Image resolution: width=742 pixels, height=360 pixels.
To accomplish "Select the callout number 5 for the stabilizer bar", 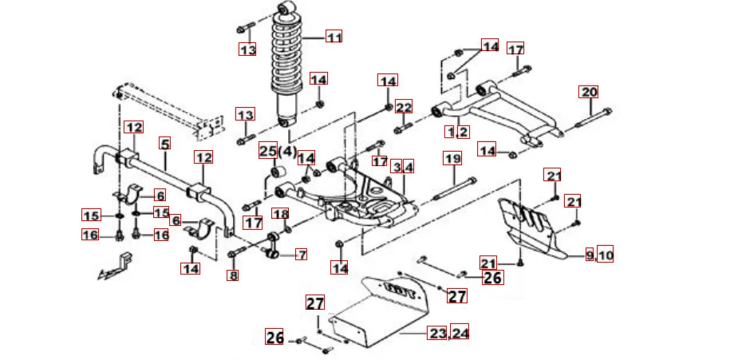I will coord(164,144).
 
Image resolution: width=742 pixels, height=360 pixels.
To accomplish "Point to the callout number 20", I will coord(589,92).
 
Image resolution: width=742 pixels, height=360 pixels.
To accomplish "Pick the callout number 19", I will coord(452,159).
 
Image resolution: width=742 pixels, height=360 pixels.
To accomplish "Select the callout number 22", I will coord(404,107).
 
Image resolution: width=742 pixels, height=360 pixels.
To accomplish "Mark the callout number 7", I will coord(301,255).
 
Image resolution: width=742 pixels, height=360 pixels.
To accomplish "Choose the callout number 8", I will coord(233,276).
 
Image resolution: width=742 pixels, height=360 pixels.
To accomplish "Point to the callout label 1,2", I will coord(457,131).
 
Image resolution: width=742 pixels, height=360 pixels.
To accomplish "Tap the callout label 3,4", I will coord(403,167).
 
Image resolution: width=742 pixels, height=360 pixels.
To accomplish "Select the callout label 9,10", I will coord(599,255).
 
